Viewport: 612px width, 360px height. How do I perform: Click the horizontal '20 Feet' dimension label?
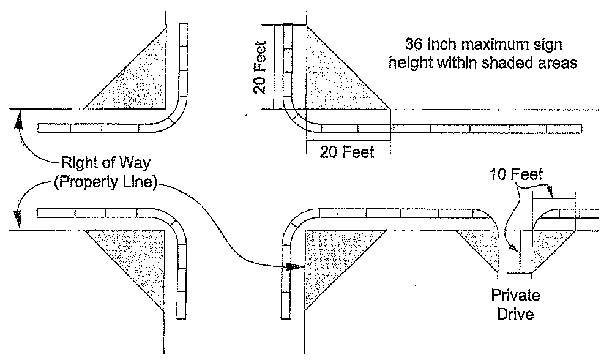pos(347,152)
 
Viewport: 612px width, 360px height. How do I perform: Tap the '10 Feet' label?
pos(516,175)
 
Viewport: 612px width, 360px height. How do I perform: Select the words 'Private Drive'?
pos(516,306)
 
